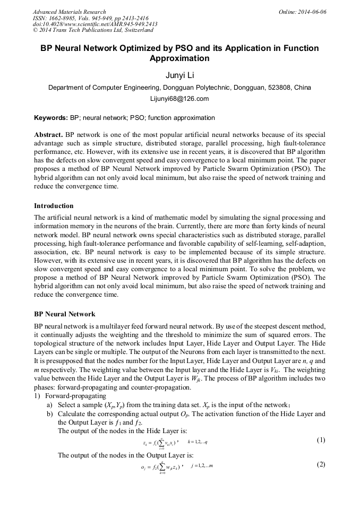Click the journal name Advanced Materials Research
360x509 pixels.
pos(70,12)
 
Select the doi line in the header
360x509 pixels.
pos(95,24)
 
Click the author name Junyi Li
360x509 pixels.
pos(179,75)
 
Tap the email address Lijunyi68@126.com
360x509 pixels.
pos(179,99)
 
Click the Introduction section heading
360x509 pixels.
pos(54,205)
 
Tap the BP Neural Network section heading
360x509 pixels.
pos(65,314)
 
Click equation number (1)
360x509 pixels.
pos(321,440)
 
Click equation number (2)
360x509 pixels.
pos(321,464)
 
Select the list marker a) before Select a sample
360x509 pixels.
pos(49,404)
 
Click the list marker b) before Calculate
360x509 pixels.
pos(49,413)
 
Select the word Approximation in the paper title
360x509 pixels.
pos(179,58)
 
